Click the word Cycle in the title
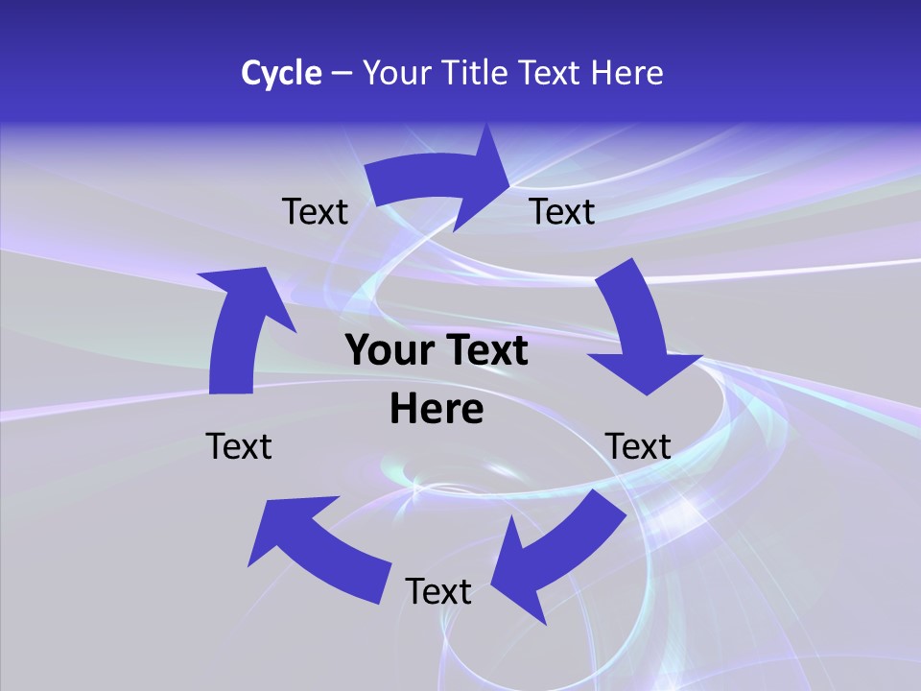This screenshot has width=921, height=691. (x=281, y=73)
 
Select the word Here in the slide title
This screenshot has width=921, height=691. (x=626, y=73)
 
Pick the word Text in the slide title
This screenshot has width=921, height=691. (x=550, y=73)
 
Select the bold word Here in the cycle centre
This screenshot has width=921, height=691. (x=437, y=410)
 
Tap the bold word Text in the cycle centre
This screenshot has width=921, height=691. (x=485, y=351)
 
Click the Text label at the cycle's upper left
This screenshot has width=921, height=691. (x=315, y=211)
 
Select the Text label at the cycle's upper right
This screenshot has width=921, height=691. (x=562, y=211)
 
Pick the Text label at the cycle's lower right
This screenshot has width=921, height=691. (x=638, y=446)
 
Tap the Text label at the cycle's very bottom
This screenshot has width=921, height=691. (x=438, y=591)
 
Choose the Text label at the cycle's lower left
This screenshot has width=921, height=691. (x=239, y=446)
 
